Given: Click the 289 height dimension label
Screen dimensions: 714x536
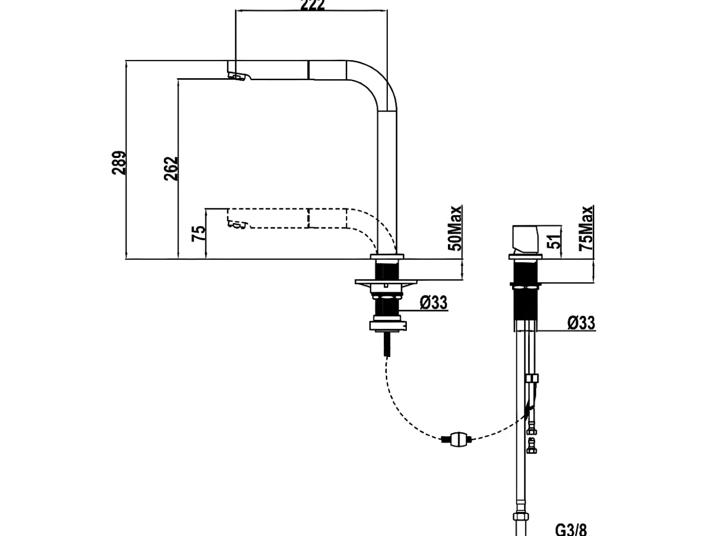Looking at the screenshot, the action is click(119, 163).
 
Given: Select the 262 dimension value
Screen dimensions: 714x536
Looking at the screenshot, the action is click(171, 168).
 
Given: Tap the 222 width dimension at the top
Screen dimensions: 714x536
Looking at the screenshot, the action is click(312, 5).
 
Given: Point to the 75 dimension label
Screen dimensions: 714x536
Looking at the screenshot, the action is click(199, 234).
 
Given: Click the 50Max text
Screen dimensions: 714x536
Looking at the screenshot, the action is click(455, 228).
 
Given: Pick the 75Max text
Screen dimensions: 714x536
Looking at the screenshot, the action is click(586, 228).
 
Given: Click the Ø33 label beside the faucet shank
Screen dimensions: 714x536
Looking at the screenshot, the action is click(434, 302).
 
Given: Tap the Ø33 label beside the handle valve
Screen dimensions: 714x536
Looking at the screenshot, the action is click(581, 323).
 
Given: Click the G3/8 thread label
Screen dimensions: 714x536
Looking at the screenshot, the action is click(571, 530).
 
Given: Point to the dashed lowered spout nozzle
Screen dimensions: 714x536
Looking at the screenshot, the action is click(238, 224).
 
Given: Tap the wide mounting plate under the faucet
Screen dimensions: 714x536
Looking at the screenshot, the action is click(386, 282).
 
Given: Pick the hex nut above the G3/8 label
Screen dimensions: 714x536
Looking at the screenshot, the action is click(520, 516).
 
